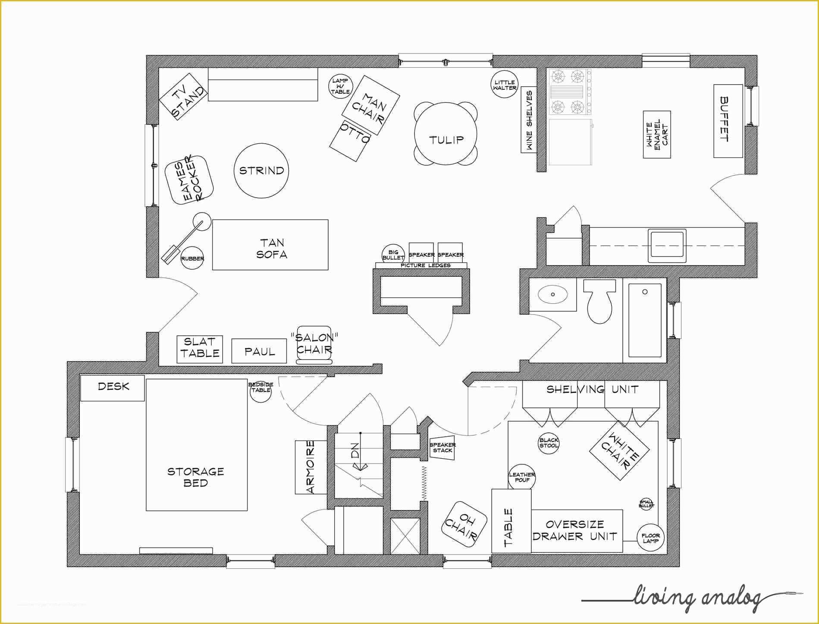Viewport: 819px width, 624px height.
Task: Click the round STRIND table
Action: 261,171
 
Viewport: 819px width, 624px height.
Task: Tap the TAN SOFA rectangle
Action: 270,245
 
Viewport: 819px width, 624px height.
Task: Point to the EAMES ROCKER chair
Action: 190,180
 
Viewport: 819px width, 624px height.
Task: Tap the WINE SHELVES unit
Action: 528,120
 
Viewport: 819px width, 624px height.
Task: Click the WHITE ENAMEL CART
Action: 657,134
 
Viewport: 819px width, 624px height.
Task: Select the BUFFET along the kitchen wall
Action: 728,121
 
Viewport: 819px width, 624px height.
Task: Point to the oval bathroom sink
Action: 552,295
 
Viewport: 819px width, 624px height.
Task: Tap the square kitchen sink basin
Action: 667,246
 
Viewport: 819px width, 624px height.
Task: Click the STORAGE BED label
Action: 196,477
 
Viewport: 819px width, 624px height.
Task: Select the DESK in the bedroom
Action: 113,388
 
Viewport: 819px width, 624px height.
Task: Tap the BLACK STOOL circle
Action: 549,443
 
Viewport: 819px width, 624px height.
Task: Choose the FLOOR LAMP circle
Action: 650,538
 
